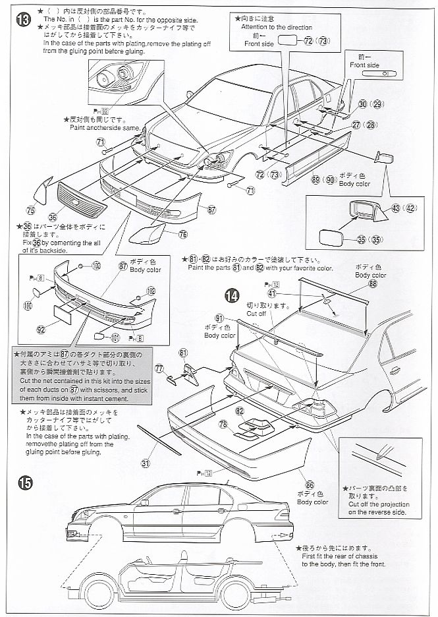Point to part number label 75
pyautogui.click(x=30, y=210)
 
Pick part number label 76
pyautogui.click(x=182, y=234)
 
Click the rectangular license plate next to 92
pyautogui.click(x=67, y=314)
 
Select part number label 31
pyautogui.click(x=146, y=463)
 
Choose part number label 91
pyautogui.click(x=219, y=317)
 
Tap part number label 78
pyautogui.click(x=223, y=424)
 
